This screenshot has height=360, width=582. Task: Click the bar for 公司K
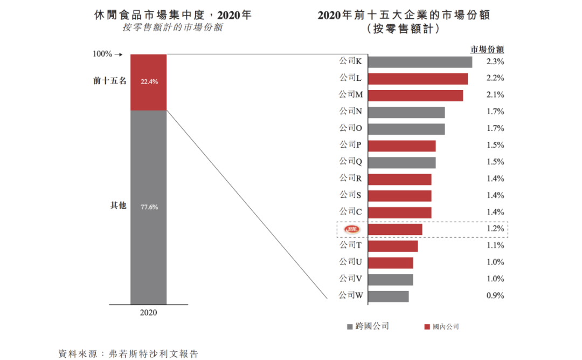(420, 62)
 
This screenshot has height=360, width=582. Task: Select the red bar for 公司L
(418, 79)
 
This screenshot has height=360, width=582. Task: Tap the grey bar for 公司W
(389, 296)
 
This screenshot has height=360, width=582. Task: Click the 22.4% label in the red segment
(149, 82)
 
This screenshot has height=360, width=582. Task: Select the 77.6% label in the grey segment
(149, 207)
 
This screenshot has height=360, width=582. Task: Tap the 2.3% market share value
(495, 61)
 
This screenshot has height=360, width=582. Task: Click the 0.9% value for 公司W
(495, 295)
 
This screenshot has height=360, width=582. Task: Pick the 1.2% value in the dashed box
(495, 229)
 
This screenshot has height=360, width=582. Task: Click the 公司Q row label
(350, 161)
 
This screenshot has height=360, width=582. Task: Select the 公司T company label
(350, 245)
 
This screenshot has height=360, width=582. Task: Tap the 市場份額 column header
(487, 49)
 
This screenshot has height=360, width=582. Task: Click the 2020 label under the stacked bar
(148, 313)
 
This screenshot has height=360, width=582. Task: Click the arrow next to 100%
(120, 54)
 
